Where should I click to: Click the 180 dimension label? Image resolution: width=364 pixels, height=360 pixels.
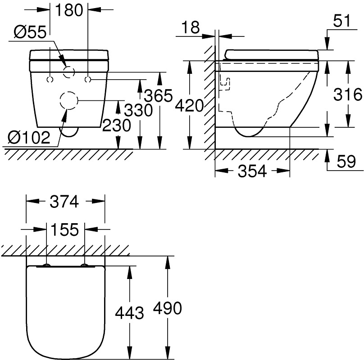pos(69,10)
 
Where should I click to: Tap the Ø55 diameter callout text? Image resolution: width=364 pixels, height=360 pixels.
pos(30,32)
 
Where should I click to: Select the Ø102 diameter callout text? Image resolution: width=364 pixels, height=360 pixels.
pos(29,138)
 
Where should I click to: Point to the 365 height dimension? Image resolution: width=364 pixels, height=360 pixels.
pos(158,95)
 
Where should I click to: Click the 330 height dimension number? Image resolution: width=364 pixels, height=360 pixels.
pos(138,110)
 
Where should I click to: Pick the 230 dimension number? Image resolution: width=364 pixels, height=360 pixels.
pos(117,126)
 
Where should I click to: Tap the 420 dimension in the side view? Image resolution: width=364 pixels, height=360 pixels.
pos(189,106)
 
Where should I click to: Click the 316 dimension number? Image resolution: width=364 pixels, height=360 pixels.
pos(348,94)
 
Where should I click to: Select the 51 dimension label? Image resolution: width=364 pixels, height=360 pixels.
pos(342,21)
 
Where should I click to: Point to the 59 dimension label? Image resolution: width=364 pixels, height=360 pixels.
pos(346,162)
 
